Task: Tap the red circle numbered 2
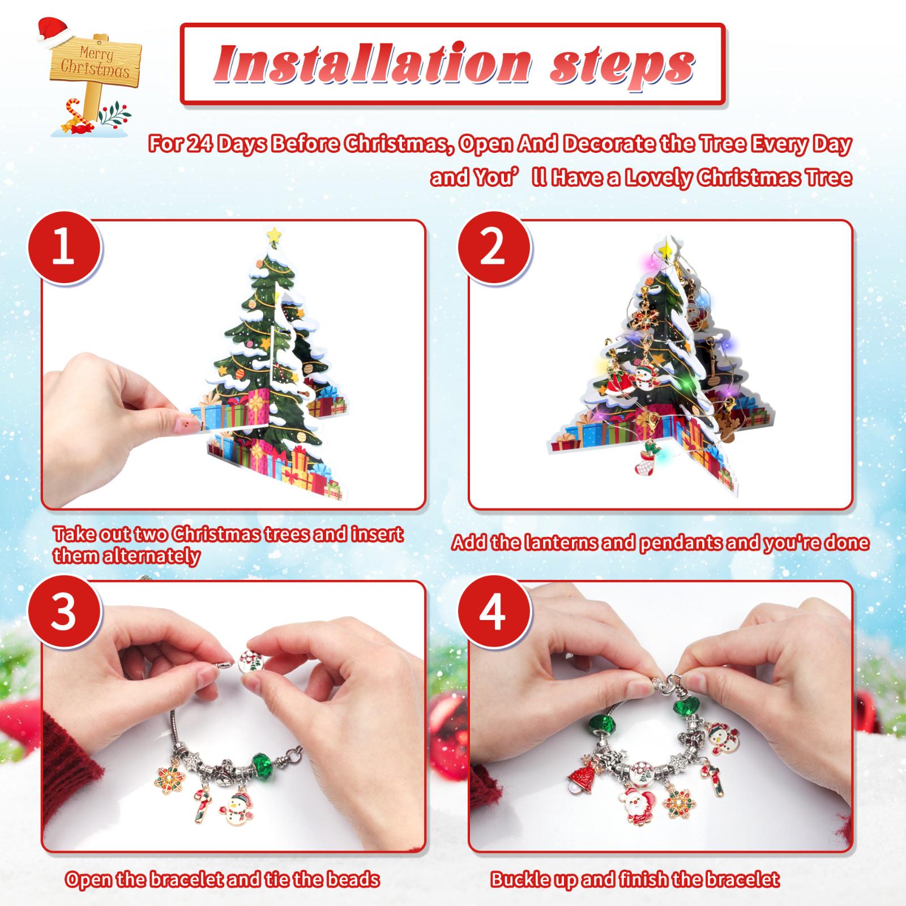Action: click(493, 249)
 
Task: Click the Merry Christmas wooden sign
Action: click(95, 62)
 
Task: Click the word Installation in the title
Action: click(371, 64)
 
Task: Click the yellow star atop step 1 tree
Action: click(274, 233)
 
